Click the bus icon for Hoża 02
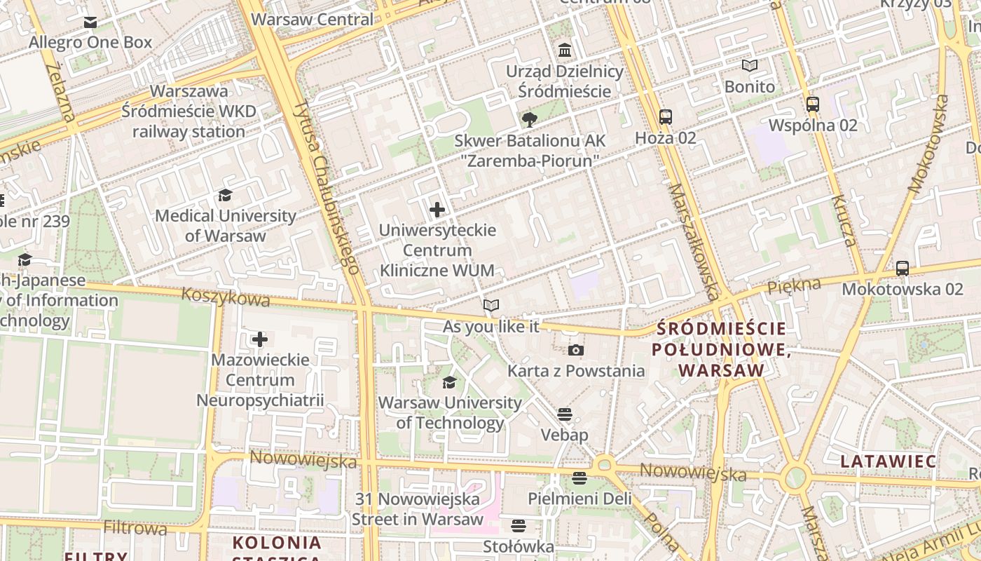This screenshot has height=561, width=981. coord(665,117)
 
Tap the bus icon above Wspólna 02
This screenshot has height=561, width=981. coord(813,104)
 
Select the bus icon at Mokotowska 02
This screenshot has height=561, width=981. coord(903,268)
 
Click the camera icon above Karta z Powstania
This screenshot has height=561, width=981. coord(575,350)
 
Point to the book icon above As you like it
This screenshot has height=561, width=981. coord(491,306)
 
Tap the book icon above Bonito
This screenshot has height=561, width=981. coord(750,66)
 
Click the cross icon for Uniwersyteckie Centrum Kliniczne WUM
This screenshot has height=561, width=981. coord(437,210)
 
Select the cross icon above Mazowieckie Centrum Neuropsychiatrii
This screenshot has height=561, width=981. coord(260,340)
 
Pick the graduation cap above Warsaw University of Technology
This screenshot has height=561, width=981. coord(449,382)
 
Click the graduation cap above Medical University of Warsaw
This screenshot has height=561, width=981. coord(225,195)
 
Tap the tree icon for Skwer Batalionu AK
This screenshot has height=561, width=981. coord(530,120)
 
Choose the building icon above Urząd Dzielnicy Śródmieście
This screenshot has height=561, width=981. coord(565,50)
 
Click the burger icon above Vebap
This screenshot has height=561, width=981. coord(565,414)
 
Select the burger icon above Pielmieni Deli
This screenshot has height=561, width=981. coord(579,478)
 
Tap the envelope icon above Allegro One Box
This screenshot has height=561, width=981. coord(90,22)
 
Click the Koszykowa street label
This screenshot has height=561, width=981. coord(225,297)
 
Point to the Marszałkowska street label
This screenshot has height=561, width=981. coord(690,242)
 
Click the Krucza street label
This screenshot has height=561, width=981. coord(843,220)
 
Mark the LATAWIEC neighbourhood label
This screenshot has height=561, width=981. coord(889,461)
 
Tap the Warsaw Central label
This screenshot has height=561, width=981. coord(313,19)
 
